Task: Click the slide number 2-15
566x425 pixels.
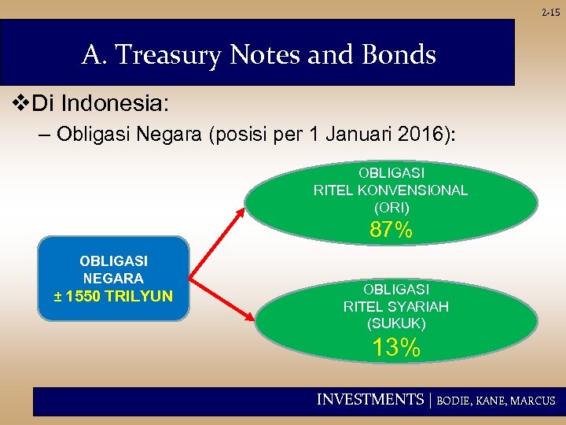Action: (553, 11)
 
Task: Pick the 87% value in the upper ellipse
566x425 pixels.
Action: (391, 231)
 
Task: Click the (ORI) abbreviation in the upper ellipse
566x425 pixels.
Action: (391, 209)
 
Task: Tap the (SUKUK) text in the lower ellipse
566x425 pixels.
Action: (395, 323)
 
